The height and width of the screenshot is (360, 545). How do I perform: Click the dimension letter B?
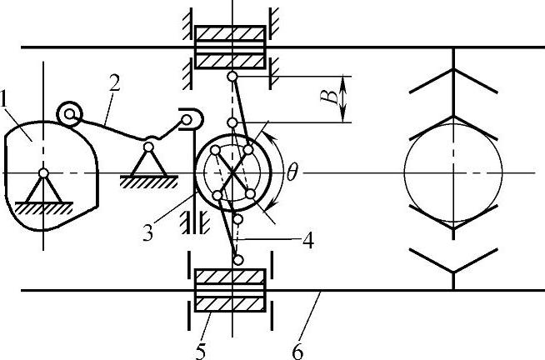pos(332,99)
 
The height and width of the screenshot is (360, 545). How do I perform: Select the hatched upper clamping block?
pos(230,47)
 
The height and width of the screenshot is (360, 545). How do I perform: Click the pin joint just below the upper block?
pos(234,77)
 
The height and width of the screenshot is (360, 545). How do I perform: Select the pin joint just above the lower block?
pos(237,261)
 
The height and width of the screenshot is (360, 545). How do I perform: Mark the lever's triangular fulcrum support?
pos(148,160)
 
